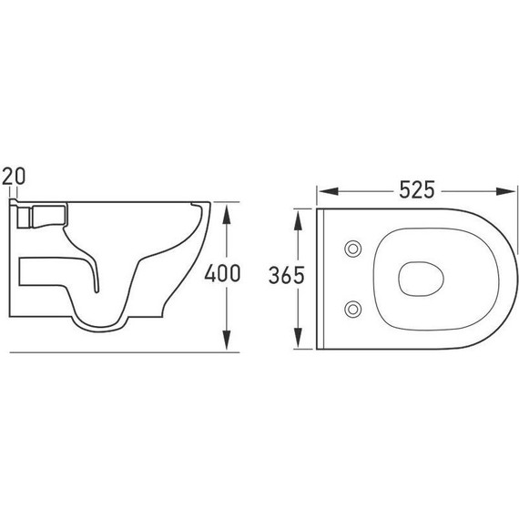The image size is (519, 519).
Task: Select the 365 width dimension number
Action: coord(287,275)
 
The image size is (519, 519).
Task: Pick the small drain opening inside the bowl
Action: coord(418,276)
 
